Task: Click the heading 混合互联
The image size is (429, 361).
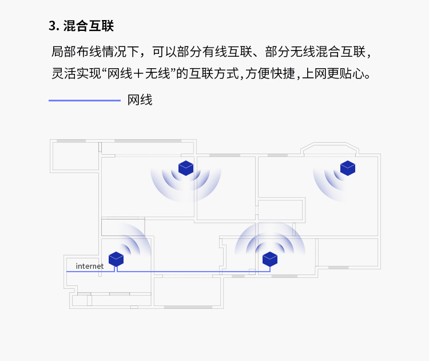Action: (88, 26)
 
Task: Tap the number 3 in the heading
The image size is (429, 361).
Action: (52, 26)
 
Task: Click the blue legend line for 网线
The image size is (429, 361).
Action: (85, 101)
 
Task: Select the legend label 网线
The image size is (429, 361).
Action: (140, 100)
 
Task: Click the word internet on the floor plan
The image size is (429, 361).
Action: (89, 266)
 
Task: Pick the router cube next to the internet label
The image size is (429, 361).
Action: (116, 259)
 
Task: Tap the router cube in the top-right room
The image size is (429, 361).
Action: (348, 168)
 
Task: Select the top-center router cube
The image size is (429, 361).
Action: (186, 168)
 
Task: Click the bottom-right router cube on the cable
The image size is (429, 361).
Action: (270, 259)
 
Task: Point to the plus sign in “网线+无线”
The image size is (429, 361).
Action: (139, 74)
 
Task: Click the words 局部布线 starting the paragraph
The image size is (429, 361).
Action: (76, 52)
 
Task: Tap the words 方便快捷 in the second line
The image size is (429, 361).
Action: (270, 73)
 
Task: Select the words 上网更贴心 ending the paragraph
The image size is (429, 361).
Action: (335, 73)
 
